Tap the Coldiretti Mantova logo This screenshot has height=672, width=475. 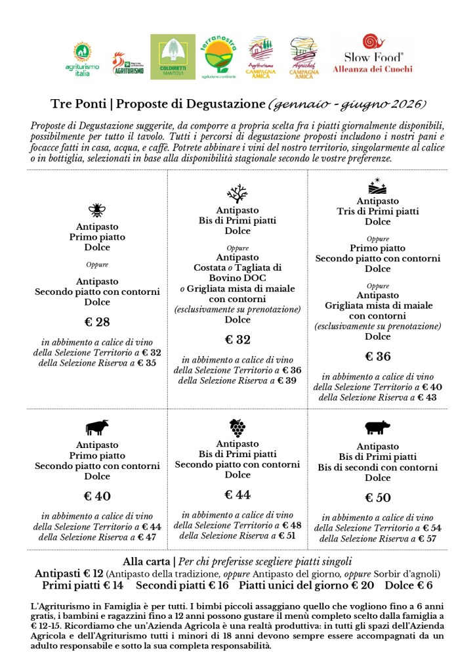[173, 57]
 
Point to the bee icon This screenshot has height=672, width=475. [96, 210]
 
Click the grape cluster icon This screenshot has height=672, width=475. [237, 428]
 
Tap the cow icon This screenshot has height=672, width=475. [96, 428]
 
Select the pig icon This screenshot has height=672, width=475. [377, 428]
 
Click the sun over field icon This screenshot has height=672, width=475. [377, 186]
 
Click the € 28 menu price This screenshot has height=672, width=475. [97, 323]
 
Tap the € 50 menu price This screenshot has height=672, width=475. [377, 497]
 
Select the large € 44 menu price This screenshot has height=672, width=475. [237, 495]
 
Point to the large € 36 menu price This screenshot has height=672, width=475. [377, 357]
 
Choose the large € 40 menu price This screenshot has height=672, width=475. [97, 496]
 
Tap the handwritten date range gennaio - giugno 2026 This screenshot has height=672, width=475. [346, 104]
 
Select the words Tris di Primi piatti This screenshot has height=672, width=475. [377, 212]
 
